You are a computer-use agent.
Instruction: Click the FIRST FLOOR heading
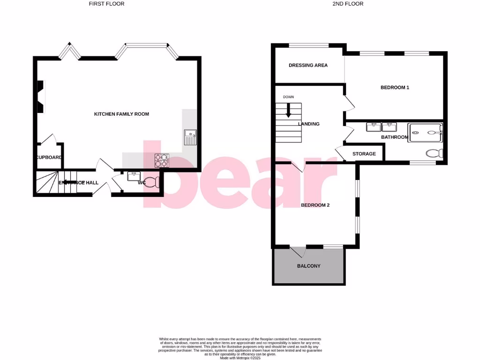tap(107, 4)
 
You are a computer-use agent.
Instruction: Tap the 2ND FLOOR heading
tap(348, 4)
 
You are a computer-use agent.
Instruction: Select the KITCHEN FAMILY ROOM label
tap(121, 114)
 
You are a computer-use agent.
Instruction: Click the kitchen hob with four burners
tap(162, 161)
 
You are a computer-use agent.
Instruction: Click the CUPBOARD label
tap(49, 157)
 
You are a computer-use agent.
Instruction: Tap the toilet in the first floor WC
tap(151, 182)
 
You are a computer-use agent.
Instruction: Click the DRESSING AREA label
tap(308, 65)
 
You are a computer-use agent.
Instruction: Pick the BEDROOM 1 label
tap(395, 87)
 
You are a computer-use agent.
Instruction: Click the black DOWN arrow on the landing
tap(288, 110)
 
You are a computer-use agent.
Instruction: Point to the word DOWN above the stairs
tap(288, 97)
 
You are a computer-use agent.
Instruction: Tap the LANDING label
tap(309, 124)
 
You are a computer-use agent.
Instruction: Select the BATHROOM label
tap(395, 137)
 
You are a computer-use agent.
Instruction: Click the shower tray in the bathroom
tap(425, 132)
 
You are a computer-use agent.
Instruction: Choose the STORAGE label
tap(364, 154)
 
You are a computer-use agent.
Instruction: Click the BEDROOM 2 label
tap(315, 205)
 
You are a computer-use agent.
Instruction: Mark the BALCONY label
tap(309, 266)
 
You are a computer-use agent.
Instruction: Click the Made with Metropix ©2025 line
tap(240, 358)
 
